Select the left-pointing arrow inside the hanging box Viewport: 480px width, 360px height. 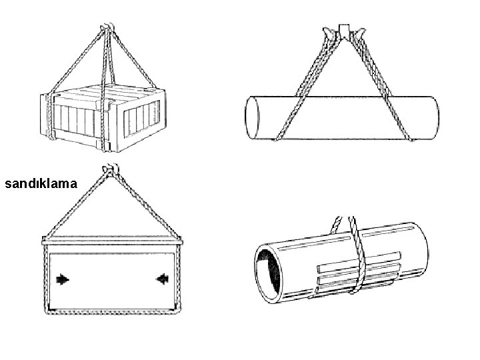click(161, 279)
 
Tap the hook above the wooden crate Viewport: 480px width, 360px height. click(106, 28)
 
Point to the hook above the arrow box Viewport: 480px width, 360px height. click(107, 171)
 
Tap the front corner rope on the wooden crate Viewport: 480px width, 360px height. click(105, 120)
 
